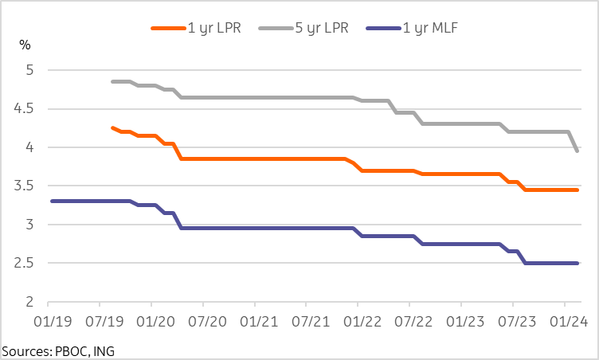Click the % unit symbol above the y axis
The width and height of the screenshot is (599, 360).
[25, 44]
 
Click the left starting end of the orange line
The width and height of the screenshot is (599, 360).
[112, 127]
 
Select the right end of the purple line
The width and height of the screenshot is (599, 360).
[577, 263]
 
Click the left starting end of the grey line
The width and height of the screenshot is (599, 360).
[112, 81]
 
